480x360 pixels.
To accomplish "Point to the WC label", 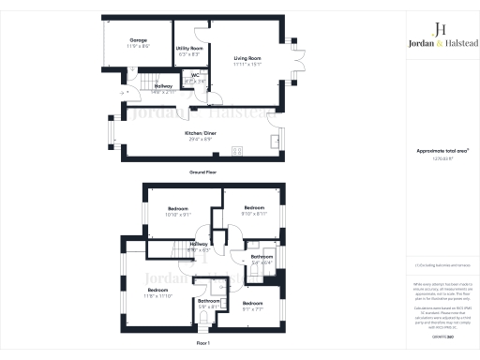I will (x=196, y=77).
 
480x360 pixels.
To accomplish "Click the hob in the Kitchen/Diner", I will (x=235, y=150).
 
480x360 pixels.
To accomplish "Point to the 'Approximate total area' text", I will (x=433, y=151).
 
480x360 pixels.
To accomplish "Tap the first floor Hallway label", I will (x=199, y=247).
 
